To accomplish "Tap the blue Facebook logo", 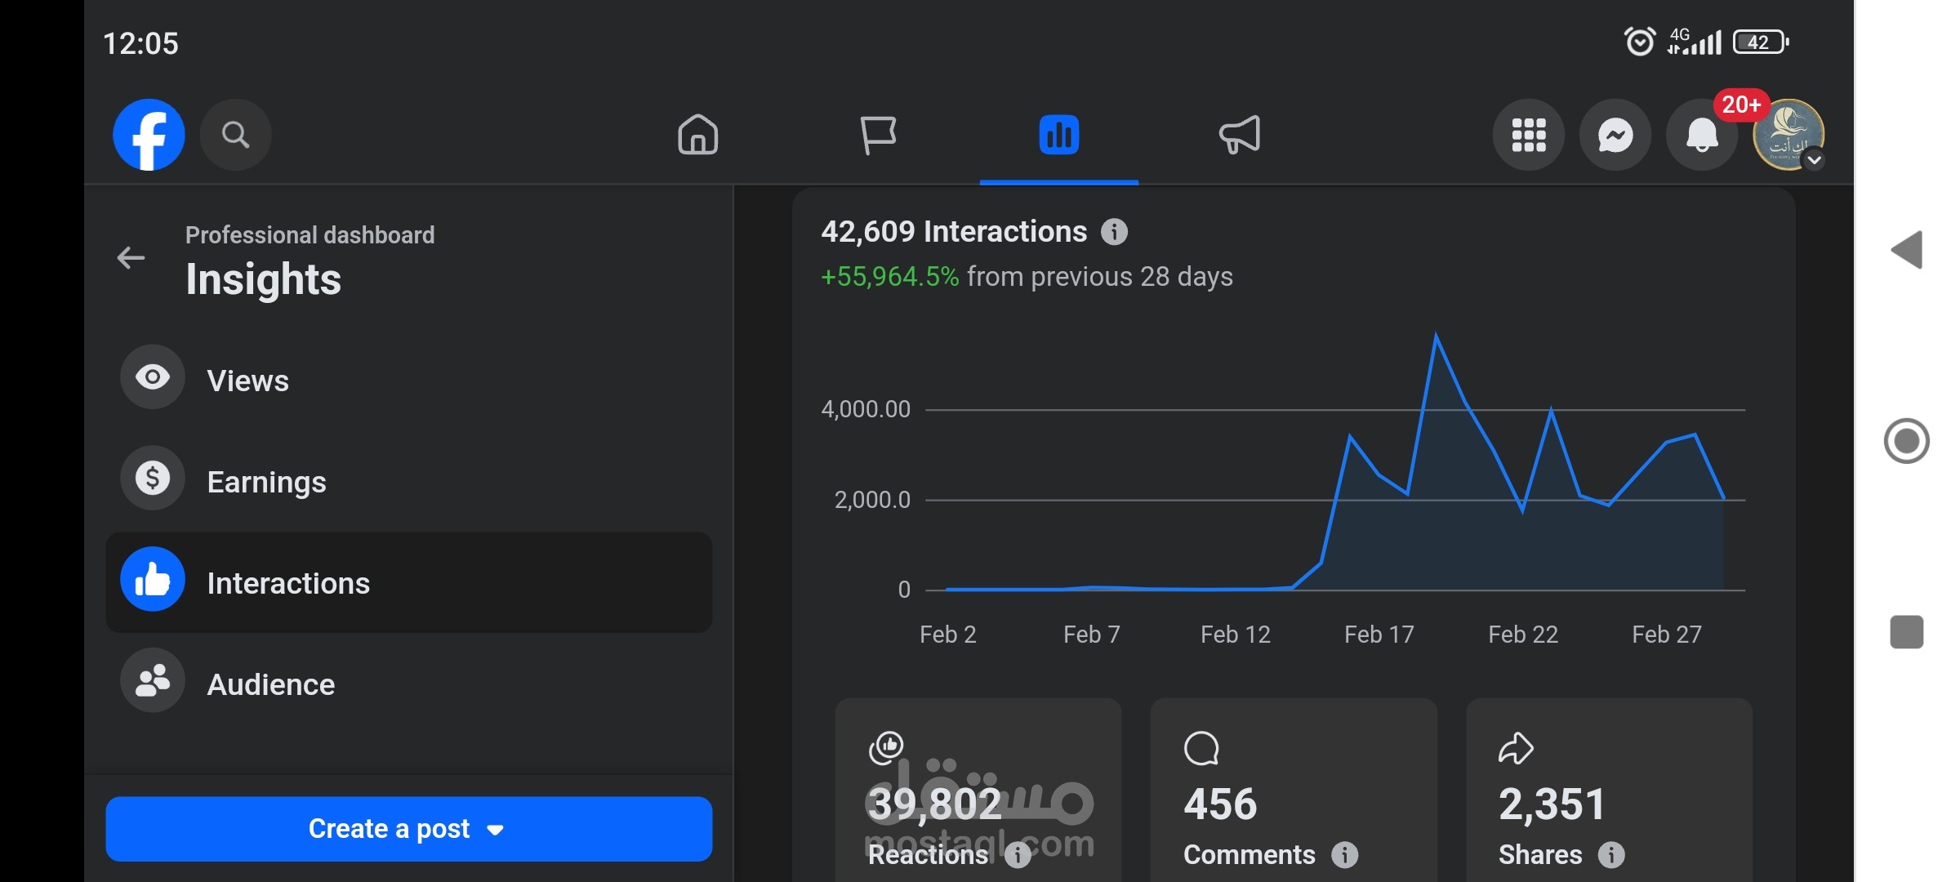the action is click(x=149, y=135).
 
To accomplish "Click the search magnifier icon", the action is click(x=235, y=135).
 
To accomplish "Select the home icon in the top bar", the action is click(x=698, y=135).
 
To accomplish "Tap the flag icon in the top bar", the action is click(x=879, y=135).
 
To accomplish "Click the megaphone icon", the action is click(x=1240, y=135).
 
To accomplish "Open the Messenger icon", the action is click(x=1615, y=135).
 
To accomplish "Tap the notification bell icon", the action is click(x=1702, y=135).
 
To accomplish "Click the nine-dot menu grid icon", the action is click(x=1529, y=135).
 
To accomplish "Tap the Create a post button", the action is click(x=409, y=829).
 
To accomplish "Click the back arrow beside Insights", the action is click(x=131, y=258).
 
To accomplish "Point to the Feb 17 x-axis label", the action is click(x=1379, y=635).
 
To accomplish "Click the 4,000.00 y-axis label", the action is click(x=866, y=409).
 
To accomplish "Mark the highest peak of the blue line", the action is click(x=1436, y=334).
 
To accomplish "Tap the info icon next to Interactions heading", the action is click(x=1114, y=232).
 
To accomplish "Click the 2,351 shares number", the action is click(x=1552, y=804).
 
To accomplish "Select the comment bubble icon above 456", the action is click(x=1201, y=748).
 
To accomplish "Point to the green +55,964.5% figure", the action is click(x=889, y=277).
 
